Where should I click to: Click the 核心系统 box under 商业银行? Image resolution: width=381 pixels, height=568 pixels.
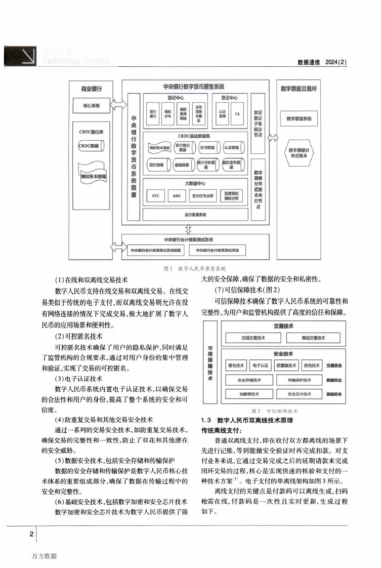click(91, 106)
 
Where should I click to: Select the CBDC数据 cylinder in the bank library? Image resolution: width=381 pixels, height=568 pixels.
click(89, 146)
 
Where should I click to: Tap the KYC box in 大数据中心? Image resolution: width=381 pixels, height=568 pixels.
click(155, 195)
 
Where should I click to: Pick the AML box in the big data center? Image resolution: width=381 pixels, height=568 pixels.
click(176, 195)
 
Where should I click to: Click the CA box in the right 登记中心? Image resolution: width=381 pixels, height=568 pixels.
click(237, 114)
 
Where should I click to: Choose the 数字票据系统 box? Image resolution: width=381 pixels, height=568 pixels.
click(299, 118)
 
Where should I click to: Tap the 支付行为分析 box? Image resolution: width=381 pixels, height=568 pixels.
click(203, 195)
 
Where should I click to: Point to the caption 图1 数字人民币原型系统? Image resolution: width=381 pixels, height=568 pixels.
click(195, 268)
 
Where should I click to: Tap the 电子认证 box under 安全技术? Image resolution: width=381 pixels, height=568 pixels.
click(261, 365)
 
